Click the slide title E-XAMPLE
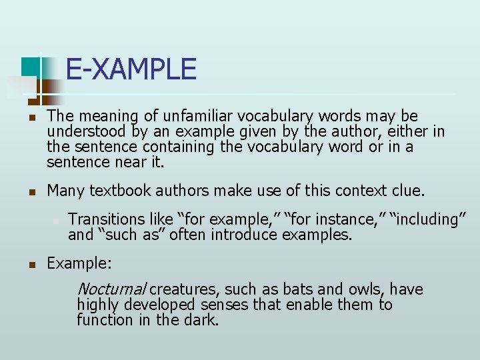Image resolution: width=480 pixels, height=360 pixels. click(131, 70)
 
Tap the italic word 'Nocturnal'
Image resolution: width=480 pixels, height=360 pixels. click(111, 289)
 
